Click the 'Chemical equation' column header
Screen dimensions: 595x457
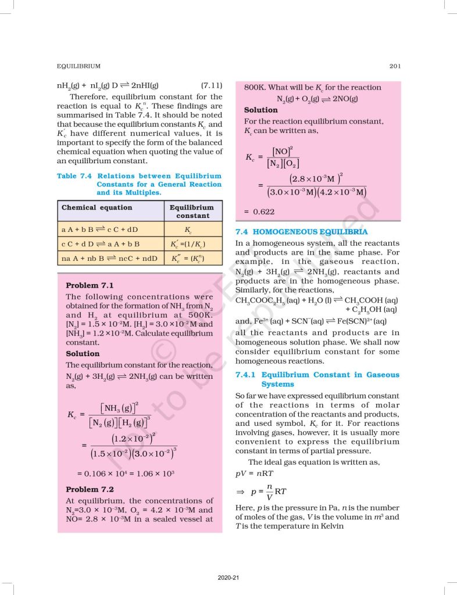pos(97,207)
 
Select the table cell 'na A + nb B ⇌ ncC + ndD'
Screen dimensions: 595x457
pos(109,258)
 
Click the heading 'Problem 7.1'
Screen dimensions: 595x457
pos(90,285)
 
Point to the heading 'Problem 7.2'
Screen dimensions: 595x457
pos(90,489)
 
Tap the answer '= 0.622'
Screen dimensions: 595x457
pos(259,212)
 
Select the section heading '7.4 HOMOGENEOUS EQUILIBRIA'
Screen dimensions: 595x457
pos(301,231)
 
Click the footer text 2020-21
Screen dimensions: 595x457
pos(228,578)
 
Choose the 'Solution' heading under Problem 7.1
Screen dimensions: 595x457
pos(83,353)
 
